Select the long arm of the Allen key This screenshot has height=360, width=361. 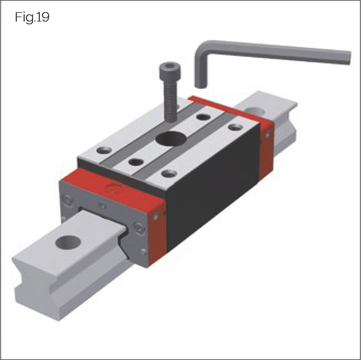tap(276, 52)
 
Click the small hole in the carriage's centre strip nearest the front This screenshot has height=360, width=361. tap(135, 162)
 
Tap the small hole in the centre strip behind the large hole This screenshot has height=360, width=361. tap(203, 117)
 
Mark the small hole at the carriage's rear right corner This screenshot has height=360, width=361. tap(236, 127)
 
